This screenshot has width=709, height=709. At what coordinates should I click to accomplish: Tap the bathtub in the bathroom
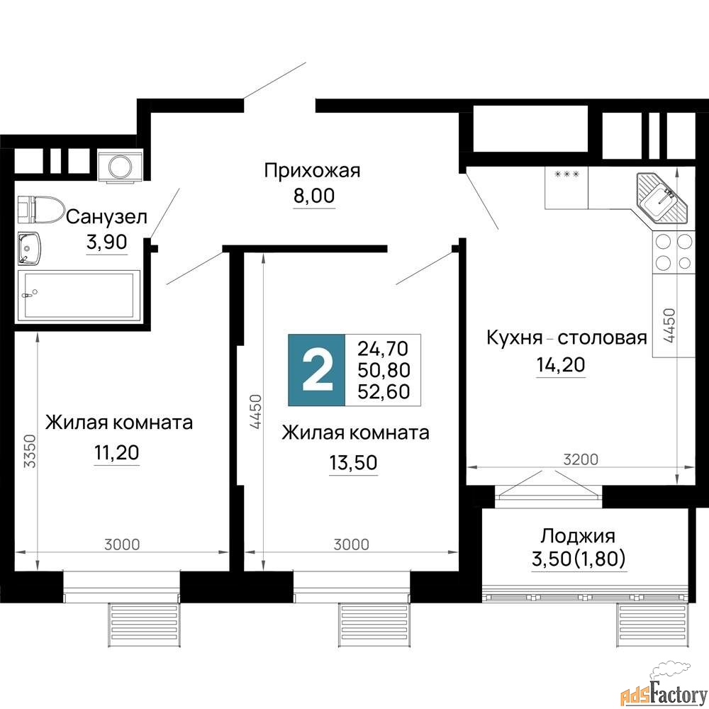click(x=79, y=294)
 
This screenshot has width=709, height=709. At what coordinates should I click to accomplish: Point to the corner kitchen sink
click(x=661, y=196)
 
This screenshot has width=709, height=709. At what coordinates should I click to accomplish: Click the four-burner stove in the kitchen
click(x=674, y=252)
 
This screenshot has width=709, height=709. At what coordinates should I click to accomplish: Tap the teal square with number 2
click(x=316, y=369)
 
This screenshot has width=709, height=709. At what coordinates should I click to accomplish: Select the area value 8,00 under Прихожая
click(x=313, y=196)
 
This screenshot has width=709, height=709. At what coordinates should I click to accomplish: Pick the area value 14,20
click(x=559, y=364)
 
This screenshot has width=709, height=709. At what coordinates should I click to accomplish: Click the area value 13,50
click(x=353, y=462)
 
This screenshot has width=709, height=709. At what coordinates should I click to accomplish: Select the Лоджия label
click(x=577, y=535)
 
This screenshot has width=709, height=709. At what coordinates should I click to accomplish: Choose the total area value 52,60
click(x=384, y=391)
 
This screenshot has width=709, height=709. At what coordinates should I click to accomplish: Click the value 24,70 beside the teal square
click(x=384, y=348)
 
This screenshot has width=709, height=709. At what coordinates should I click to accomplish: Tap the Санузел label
click(x=106, y=217)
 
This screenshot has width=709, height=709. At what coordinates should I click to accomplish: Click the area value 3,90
click(x=106, y=242)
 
